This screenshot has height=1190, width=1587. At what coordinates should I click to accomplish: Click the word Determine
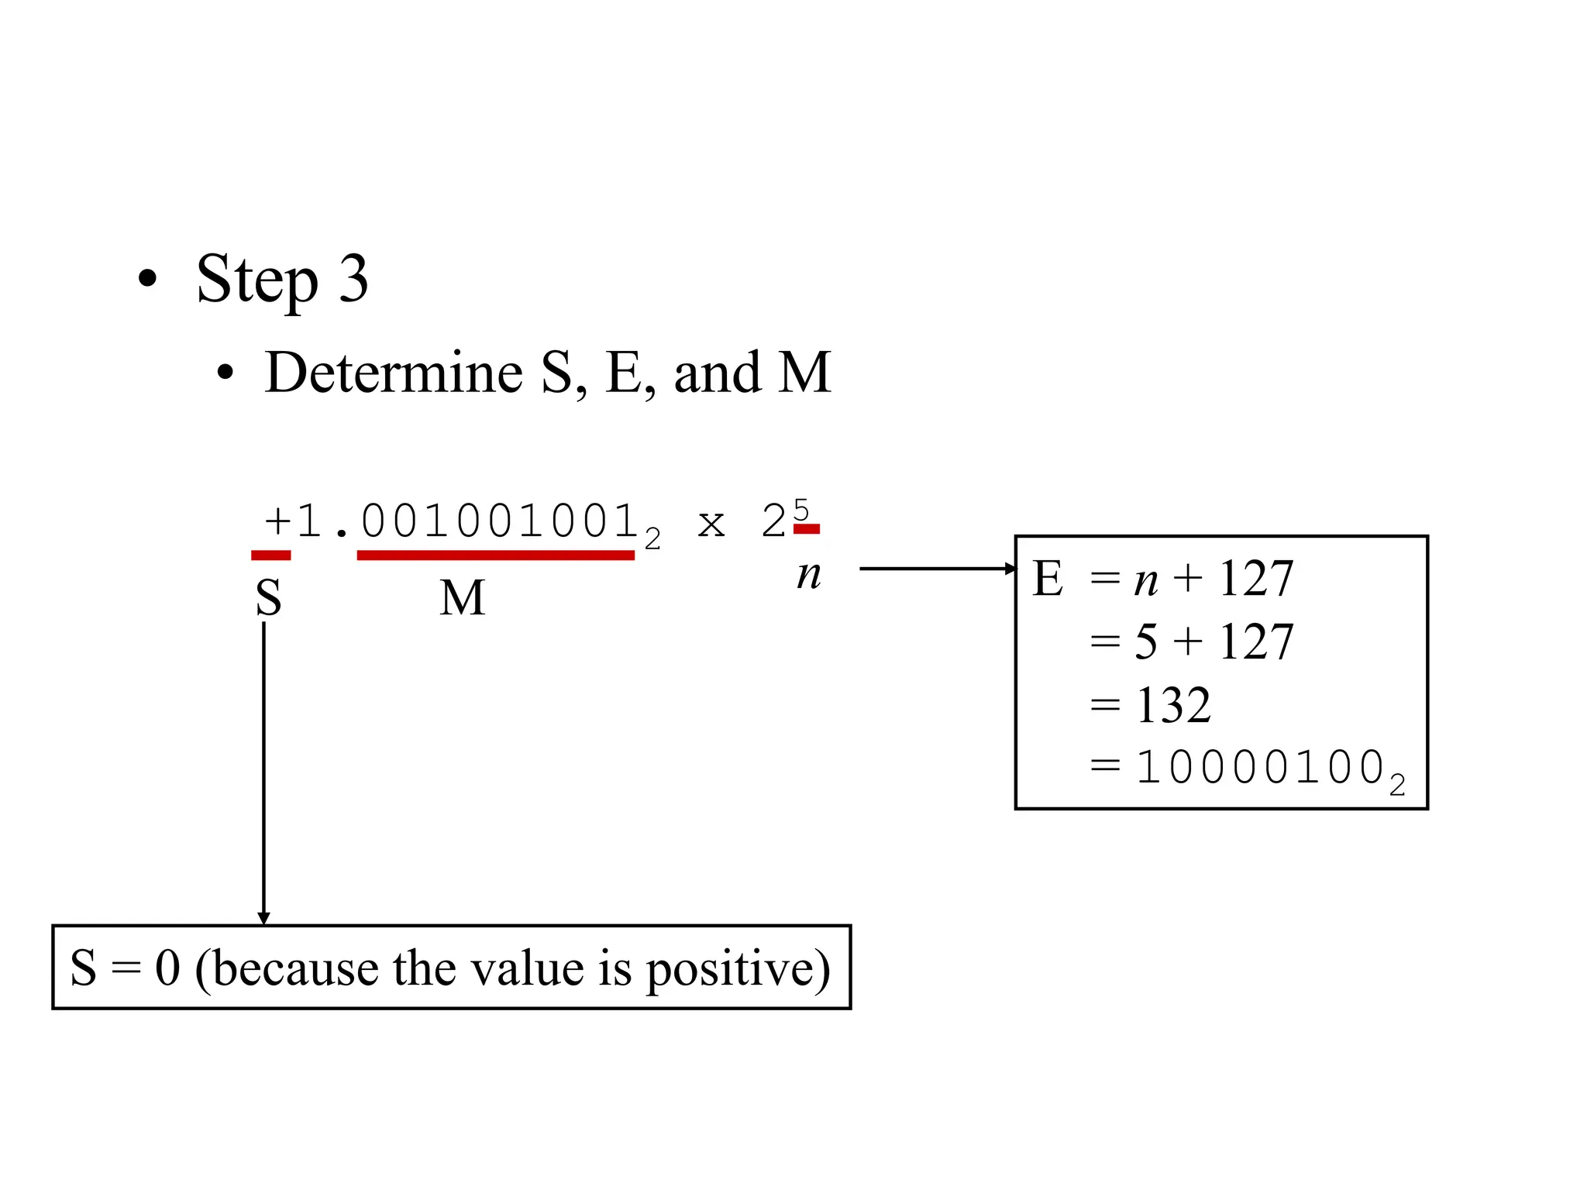[394, 373]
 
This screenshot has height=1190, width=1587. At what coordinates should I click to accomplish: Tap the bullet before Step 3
[147, 279]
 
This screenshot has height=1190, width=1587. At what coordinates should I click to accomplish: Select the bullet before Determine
[225, 373]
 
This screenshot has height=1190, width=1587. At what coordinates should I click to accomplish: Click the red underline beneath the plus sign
[270, 555]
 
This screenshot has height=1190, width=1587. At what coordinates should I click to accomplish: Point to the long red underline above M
[495, 555]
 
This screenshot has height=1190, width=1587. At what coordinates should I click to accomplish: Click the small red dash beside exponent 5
[807, 529]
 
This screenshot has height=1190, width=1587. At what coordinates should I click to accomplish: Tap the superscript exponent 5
[800, 510]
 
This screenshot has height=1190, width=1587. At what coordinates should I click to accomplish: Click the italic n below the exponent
[809, 575]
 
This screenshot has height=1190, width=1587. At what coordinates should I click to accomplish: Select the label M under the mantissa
[463, 598]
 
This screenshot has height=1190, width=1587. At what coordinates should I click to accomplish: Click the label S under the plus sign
[269, 598]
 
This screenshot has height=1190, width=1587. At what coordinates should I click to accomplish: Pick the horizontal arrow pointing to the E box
[938, 569]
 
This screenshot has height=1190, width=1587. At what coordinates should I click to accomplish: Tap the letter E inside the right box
[1048, 579]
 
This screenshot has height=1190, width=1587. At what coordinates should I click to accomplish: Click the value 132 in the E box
[1172, 706]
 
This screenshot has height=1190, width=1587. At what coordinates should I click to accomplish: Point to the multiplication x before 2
[711, 523]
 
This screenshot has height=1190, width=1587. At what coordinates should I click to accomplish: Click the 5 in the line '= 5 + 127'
[1146, 642]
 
